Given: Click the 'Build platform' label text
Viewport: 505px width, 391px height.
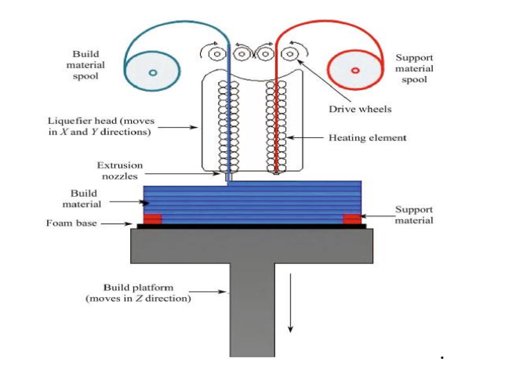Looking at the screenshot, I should pos(138,293).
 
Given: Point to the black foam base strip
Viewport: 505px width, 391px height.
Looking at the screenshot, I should pos(251,226).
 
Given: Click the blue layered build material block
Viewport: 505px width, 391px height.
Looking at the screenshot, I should pos(251,200).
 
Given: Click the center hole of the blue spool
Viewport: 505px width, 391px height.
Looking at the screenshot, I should pos(153,72).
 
